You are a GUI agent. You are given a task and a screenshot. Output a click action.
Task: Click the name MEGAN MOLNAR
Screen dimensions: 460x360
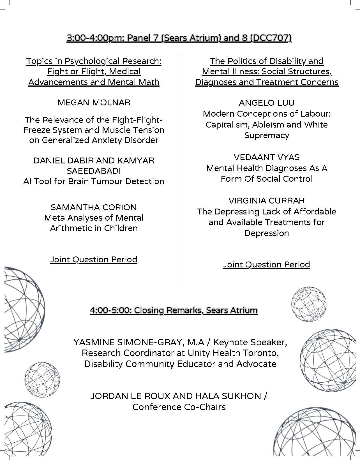pyautogui.click(x=94, y=103)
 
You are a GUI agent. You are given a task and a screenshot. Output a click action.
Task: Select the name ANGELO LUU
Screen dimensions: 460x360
pyautogui.click(x=266, y=103)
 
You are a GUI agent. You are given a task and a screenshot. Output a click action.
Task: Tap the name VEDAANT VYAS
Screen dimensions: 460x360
pyautogui.click(x=266, y=157)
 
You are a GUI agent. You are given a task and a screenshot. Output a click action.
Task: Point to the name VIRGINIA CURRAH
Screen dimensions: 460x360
pyautogui.click(x=266, y=201)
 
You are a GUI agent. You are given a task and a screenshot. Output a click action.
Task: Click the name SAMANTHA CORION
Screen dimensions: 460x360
pyautogui.click(x=94, y=207)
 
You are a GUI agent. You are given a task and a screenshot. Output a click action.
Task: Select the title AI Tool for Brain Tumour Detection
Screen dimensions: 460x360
pyautogui.click(x=94, y=181)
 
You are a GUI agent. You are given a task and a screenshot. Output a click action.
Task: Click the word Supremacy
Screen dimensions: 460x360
pyautogui.click(x=266, y=135)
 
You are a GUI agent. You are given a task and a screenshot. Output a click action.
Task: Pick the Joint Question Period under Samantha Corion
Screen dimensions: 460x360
pyautogui.click(x=94, y=260)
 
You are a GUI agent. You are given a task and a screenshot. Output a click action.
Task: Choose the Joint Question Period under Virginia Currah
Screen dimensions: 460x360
pyautogui.click(x=266, y=265)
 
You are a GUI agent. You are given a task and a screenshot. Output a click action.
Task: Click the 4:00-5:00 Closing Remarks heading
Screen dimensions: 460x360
pyautogui.click(x=174, y=310)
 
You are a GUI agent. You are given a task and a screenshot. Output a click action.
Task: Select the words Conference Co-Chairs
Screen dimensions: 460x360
pyautogui.click(x=179, y=407)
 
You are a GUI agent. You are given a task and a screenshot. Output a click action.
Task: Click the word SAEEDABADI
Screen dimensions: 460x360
pyautogui.click(x=94, y=171)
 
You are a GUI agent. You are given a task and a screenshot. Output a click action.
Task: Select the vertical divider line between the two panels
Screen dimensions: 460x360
pyautogui.click(x=179, y=168)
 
